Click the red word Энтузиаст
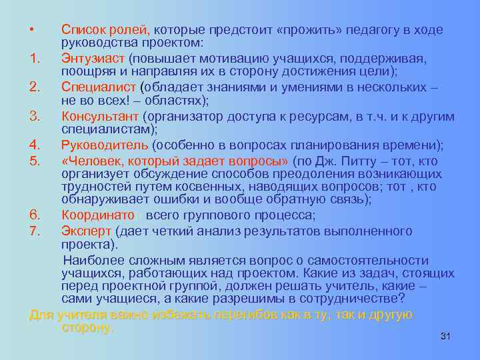93,59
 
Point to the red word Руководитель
105,145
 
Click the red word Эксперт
87,231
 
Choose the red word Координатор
101,215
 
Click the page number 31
446,337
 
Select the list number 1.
36,59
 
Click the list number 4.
36,145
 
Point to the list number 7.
36,231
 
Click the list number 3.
36,117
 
